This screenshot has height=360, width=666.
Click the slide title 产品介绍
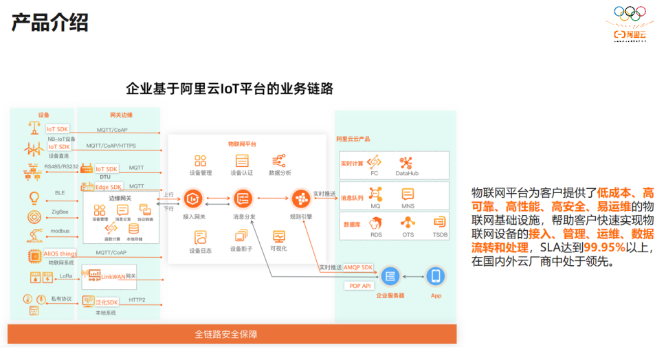[49, 22]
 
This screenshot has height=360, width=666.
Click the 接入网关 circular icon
[193, 199]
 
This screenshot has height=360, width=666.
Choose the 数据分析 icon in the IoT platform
[279, 161]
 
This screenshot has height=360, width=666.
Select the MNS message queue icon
[408, 194]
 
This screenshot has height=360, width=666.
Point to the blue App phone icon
[435, 276]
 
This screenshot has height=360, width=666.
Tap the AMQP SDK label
[357, 267]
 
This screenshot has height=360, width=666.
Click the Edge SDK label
[108, 187]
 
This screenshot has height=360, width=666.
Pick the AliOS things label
[60, 254]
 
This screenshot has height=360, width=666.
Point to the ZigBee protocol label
[60, 213]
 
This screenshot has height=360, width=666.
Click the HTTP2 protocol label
[137, 300]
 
